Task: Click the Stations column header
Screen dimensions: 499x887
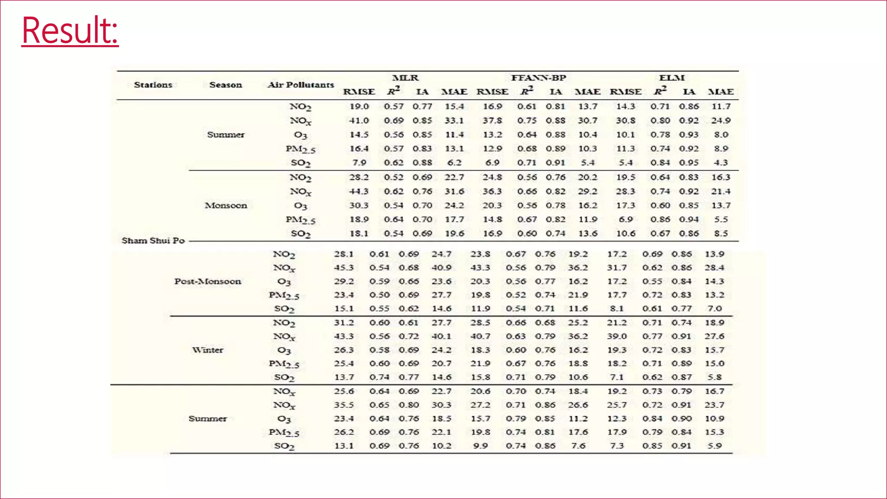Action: pos(153,85)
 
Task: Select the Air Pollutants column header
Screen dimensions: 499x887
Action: pos(301,85)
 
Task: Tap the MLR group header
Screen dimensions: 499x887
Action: pos(405,78)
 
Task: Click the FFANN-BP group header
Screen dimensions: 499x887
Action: pos(538,78)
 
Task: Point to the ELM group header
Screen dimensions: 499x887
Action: pos(671,78)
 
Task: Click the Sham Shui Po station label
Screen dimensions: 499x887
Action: pos(153,240)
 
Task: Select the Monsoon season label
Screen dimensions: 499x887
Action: pos(226,205)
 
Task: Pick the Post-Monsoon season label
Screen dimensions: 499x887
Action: pos(207,282)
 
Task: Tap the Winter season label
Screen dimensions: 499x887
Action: pos(207,350)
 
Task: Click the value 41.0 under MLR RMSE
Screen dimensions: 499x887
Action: pos(359,120)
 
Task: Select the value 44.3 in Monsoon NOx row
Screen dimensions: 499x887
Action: pos(359,191)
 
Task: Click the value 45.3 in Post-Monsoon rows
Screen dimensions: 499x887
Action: pos(343,268)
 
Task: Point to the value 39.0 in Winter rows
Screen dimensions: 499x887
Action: pos(617,336)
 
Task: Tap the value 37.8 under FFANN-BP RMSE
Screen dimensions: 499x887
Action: pos(492,120)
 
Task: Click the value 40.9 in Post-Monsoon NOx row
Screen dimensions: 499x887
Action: pos(441,268)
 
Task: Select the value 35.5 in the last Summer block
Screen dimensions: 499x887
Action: pos(343,405)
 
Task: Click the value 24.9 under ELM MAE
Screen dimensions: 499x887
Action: pos(721,120)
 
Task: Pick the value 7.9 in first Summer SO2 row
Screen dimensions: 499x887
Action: pos(359,163)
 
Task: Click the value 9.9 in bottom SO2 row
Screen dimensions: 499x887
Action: pos(480,446)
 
